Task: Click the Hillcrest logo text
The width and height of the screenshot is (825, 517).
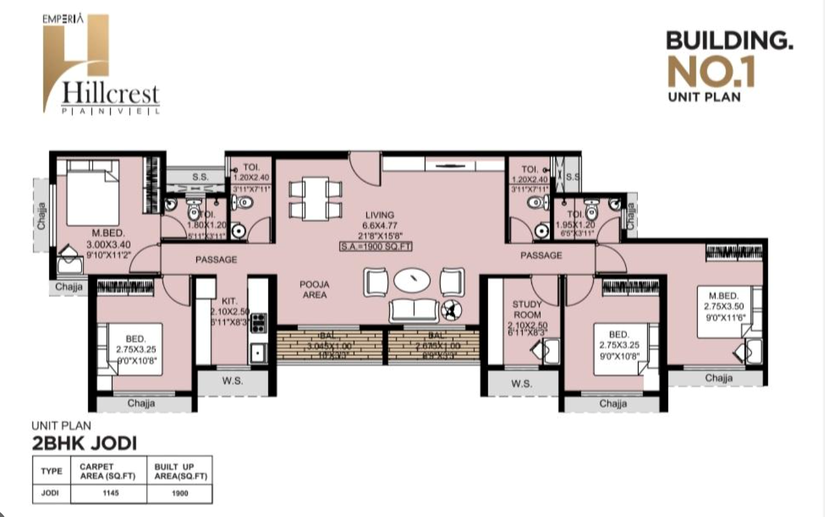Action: [110, 94]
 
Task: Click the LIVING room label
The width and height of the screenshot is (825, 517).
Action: [379, 215]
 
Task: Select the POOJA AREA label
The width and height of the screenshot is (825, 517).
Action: [315, 289]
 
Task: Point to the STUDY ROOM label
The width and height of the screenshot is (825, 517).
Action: [527, 309]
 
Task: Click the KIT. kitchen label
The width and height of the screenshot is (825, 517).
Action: [230, 301]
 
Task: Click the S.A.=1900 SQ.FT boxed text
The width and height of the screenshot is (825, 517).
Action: [376, 246]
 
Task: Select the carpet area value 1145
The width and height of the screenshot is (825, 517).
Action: [111, 493]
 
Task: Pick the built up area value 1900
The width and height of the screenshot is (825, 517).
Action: [180, 493]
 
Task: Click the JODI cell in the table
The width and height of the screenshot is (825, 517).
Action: [51, 493]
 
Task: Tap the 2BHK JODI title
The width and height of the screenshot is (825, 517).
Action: [84, 443]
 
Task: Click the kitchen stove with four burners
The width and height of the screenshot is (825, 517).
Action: [258, 323]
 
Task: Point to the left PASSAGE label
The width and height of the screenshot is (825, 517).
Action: [216, 259]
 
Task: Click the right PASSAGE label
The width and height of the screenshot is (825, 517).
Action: [541, 255]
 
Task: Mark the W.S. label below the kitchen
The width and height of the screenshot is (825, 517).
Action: [232, 381]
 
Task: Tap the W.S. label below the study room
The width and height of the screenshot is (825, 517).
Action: [521, 383]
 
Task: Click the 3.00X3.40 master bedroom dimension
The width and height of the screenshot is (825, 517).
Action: [108, 245]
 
